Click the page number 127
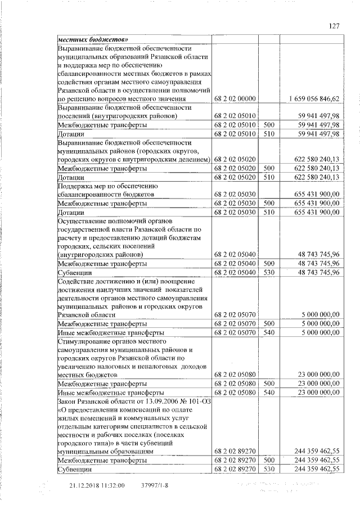click(x=334, y=25)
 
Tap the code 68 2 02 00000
click(x=235, y=98)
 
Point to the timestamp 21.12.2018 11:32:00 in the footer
click(x=97, y=485)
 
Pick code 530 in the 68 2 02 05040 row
click(x=268, y=272)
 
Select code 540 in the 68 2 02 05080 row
click(x=268, y=391)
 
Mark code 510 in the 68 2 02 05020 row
click(x=268, y=177)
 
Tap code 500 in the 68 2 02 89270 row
click(x=268, y=460)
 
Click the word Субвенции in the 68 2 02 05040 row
click(x=75, y=273)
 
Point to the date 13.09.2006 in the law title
click(x=154, y=400)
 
